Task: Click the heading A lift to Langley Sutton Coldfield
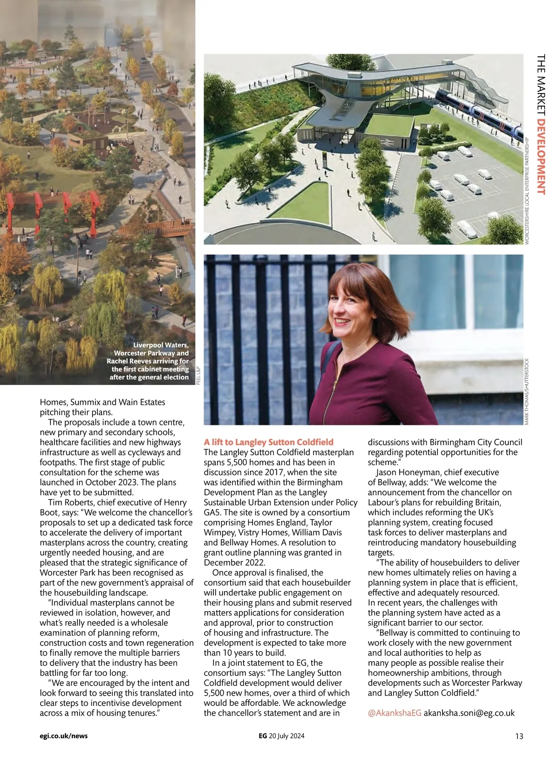click(x=268, y=442)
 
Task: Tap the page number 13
click(x=519, y=736)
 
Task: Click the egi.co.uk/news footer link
click(x=63, y=736)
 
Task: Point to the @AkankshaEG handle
click(x=395, y=713)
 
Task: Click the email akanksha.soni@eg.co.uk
click(x=469, y=713)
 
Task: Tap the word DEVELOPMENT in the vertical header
click(x=541, y=157)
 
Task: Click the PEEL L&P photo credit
click(x=198, y=375)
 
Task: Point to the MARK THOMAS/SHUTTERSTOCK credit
click(x=527, y=391)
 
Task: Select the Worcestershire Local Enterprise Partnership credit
click(x=527, y=191)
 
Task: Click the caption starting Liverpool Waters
click(x=148, y=361)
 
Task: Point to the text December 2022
click(x=234, y=562)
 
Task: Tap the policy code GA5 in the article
click(x=212, y=513)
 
